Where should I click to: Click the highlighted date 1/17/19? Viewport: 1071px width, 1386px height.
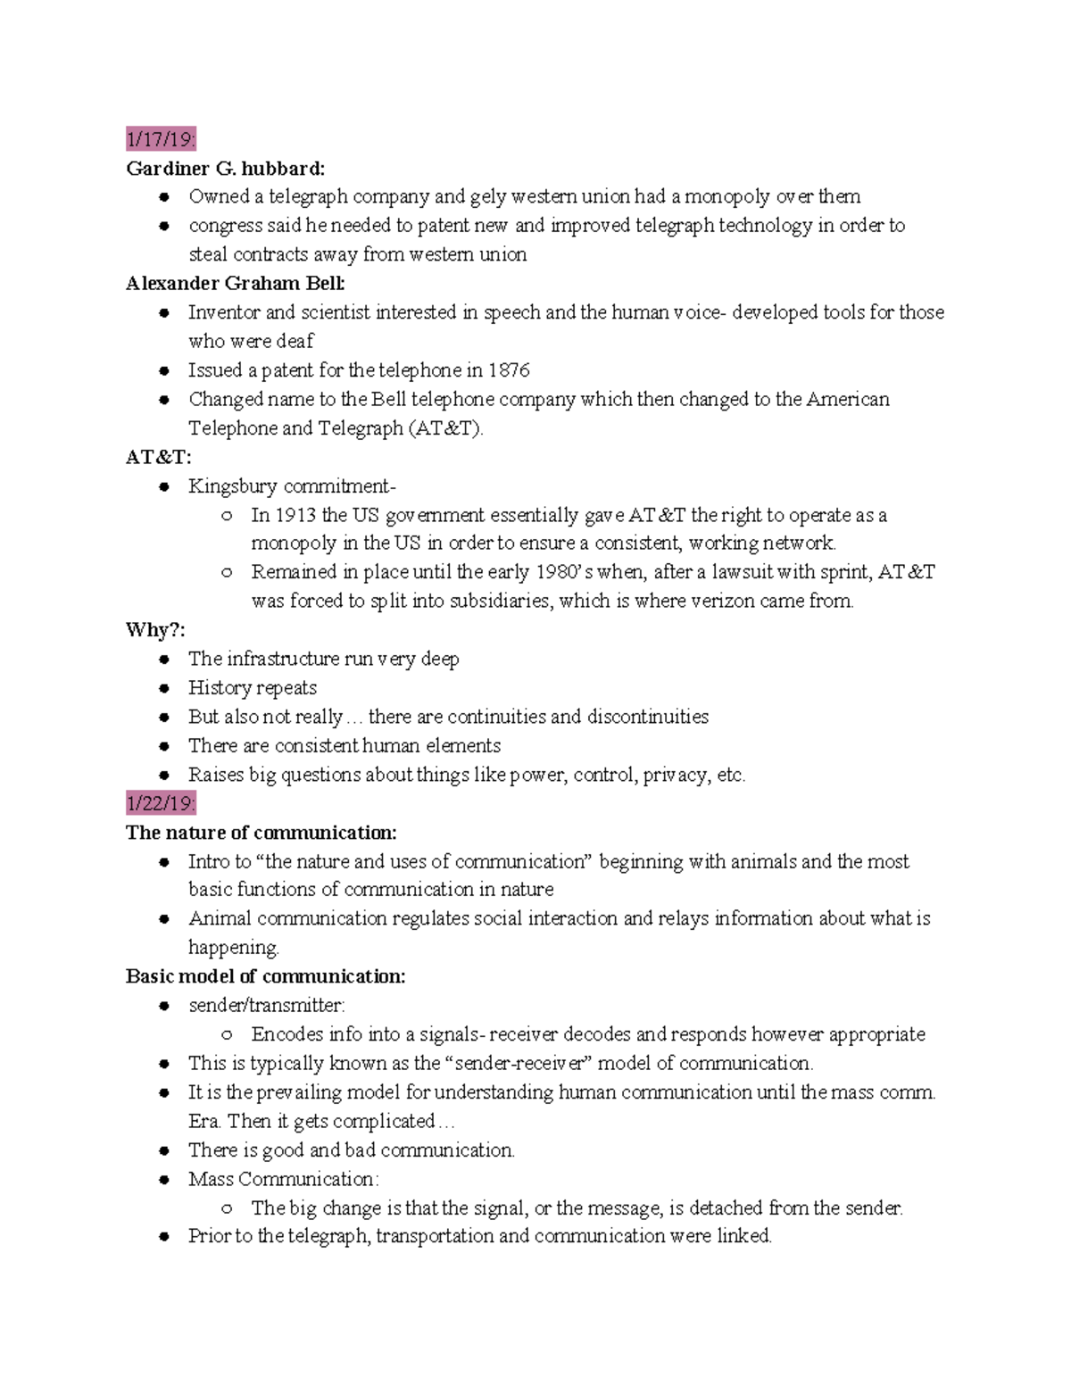[160, 139]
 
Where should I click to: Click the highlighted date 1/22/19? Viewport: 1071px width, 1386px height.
[160, 803]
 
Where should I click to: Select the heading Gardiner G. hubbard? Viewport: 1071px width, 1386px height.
[225, 168]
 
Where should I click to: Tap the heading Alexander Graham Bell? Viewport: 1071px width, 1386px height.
[235, 283]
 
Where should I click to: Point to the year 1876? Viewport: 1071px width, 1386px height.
[509, 370]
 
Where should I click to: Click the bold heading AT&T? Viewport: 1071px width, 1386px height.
[158, 457]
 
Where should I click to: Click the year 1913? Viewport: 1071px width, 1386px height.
[295, 515]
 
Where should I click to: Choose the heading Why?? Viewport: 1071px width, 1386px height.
[155, 630]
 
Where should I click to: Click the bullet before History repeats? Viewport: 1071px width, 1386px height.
[164, 689]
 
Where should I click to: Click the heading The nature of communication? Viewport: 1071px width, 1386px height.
[261, 833]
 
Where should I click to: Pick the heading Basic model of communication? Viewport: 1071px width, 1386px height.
[265, 976]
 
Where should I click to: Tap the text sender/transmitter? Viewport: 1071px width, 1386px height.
[266, 1006]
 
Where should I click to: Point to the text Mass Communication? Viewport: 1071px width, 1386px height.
[283, 1179]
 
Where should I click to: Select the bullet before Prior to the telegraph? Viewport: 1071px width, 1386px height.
[164, 1238]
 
